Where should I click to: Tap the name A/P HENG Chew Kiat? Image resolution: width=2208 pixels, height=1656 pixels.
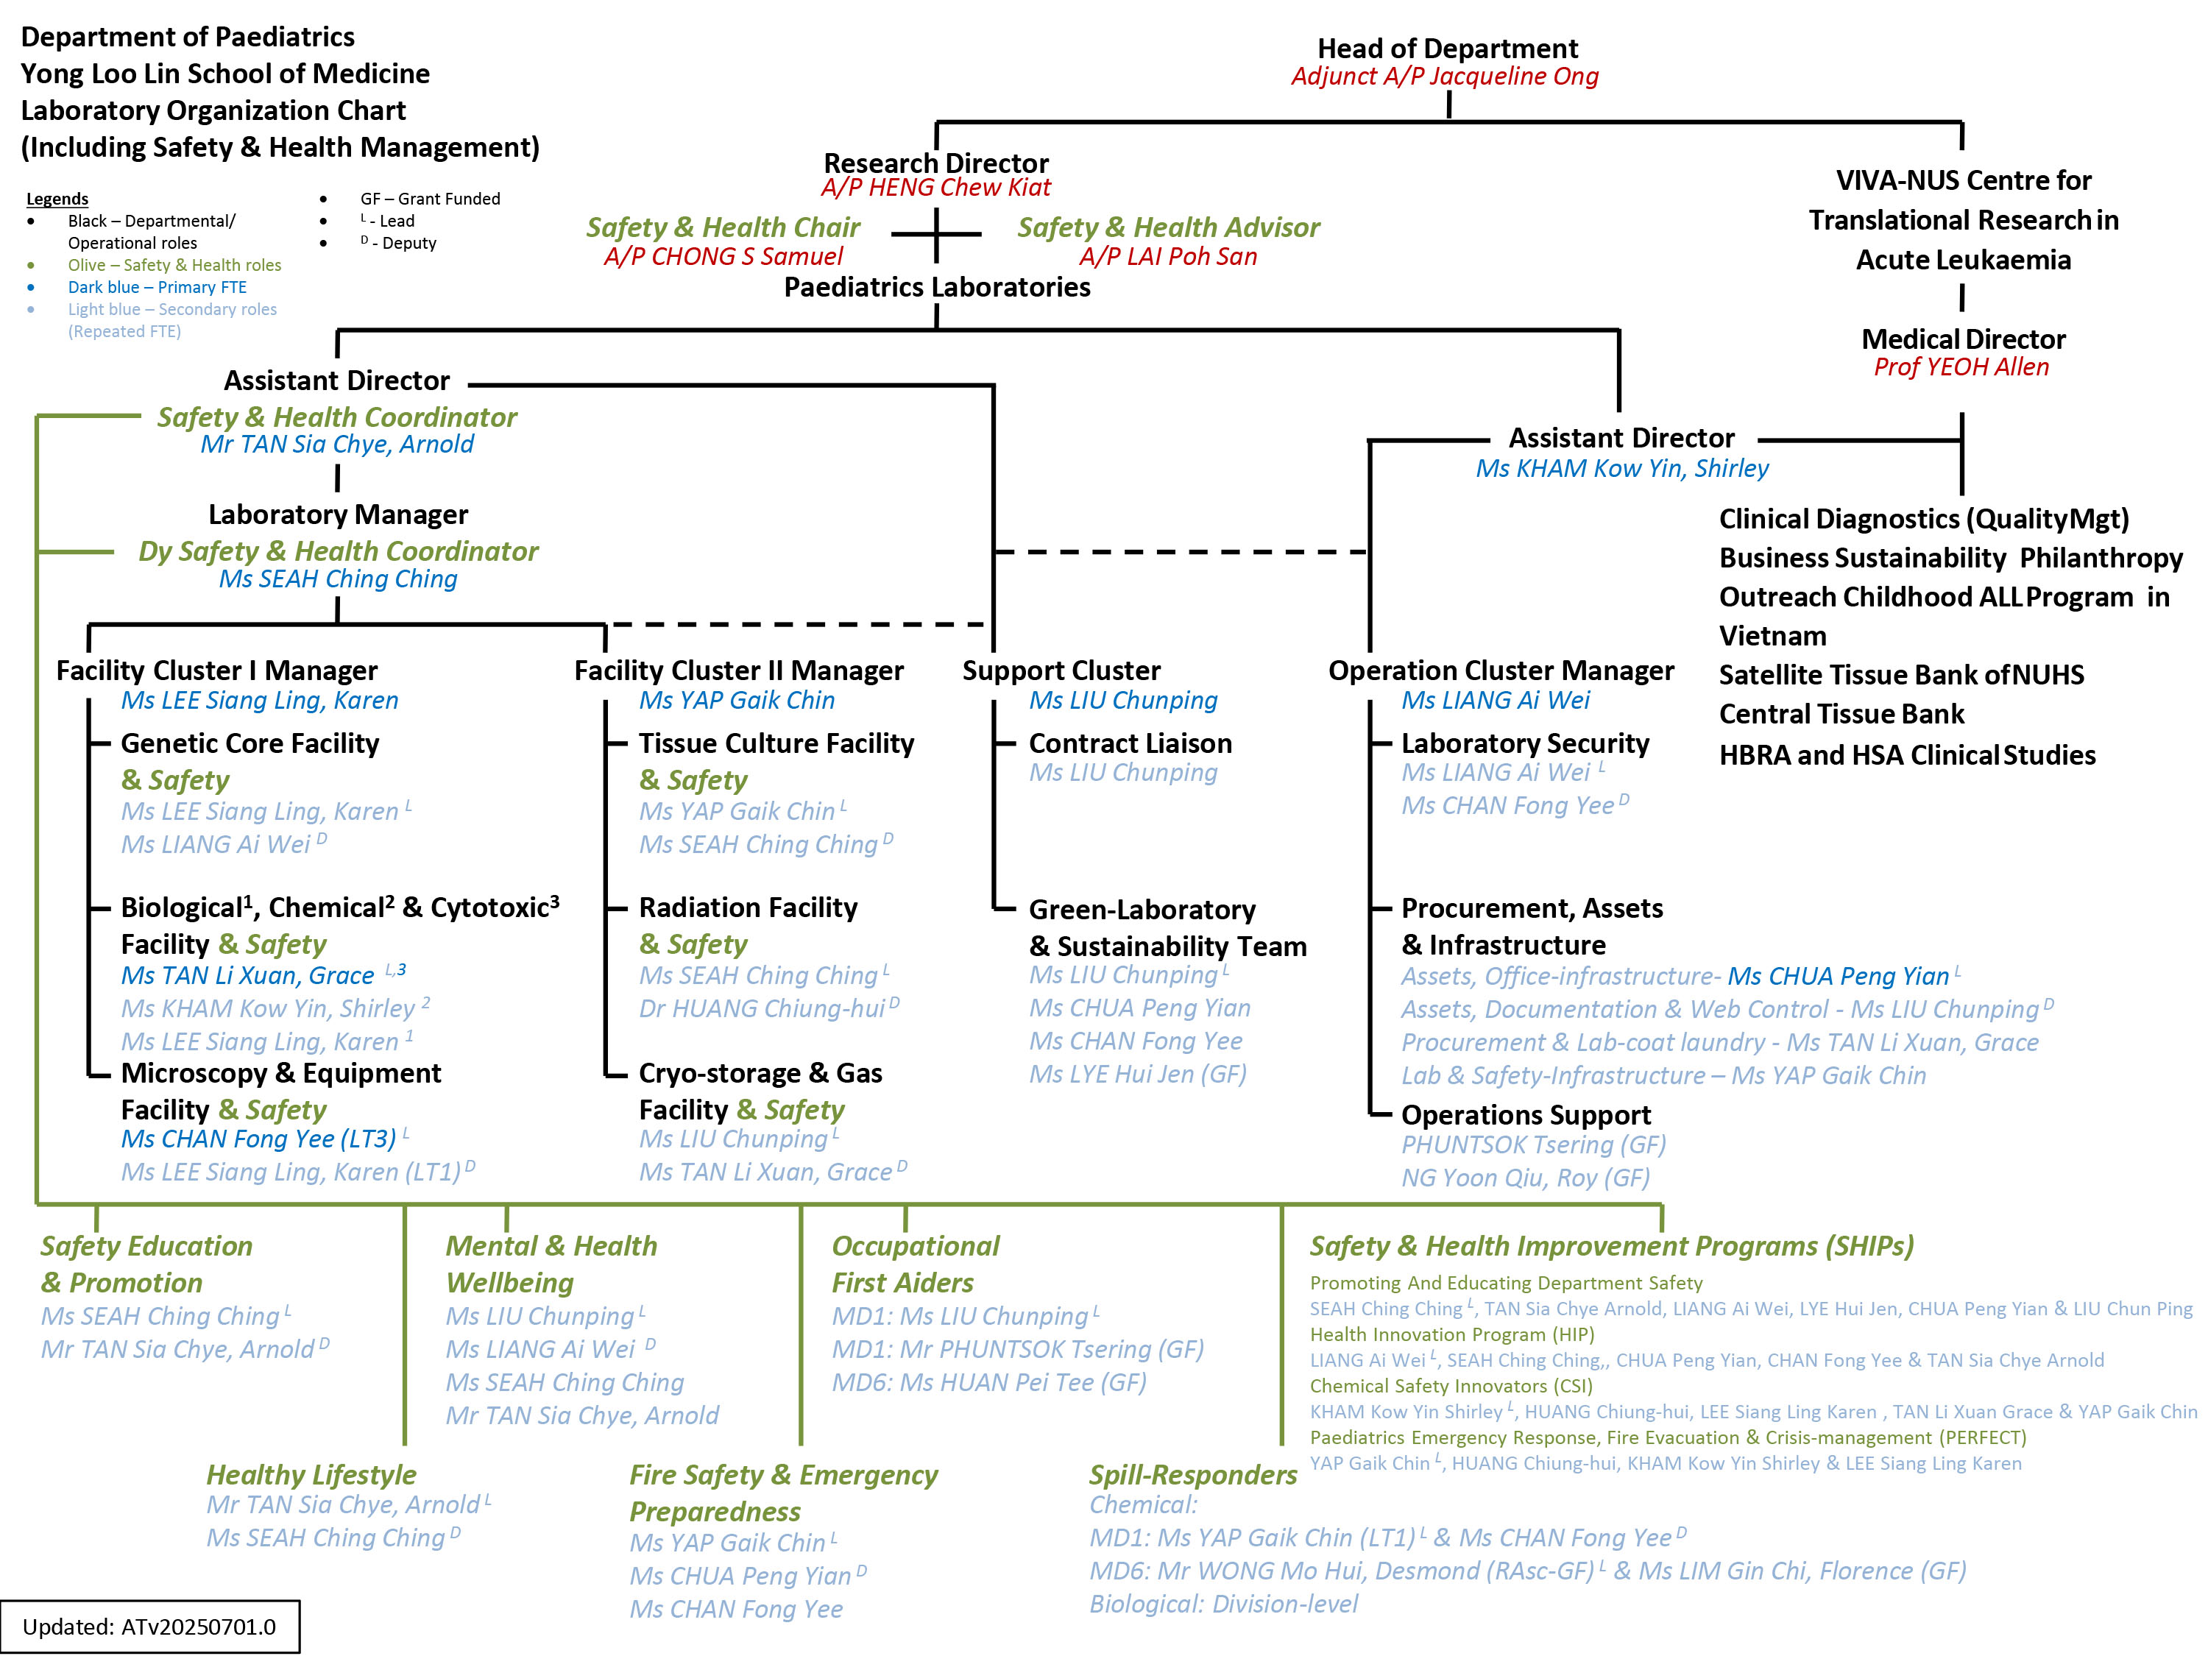tap(935, 188)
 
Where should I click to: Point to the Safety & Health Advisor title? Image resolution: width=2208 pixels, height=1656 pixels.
tap(1168, 227)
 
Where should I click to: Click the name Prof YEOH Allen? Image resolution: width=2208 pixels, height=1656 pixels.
tap(1961, 367)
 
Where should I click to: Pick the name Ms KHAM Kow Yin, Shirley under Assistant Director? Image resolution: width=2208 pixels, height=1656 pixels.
tap(1621, 468)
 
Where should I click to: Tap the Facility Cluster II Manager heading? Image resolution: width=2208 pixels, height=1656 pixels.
tap(739, 670)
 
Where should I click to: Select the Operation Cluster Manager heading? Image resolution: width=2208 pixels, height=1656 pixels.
tap(1500, 670)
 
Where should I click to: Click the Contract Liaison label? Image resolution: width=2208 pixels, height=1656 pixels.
tap(1130, 743)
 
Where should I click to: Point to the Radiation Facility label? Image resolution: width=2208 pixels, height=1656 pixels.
tap(748, 907)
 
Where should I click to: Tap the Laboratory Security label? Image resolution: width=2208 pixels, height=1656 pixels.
tap(1524, 743)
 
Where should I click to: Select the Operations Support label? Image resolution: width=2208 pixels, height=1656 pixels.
tap(1525, 1115)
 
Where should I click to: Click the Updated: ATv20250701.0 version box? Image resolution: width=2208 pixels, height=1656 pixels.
tap(149, 1626)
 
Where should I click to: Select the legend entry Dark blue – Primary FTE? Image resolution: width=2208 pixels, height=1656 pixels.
tap(157, 288)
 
